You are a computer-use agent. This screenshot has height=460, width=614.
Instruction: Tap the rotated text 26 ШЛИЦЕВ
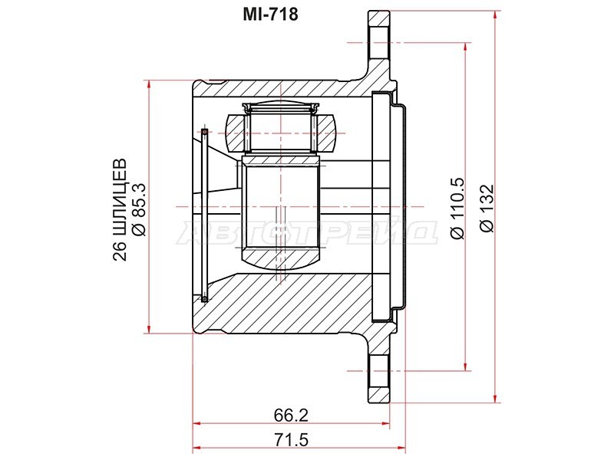tap(120, 209)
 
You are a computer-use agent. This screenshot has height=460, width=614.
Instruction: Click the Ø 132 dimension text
tap(486, 208)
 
